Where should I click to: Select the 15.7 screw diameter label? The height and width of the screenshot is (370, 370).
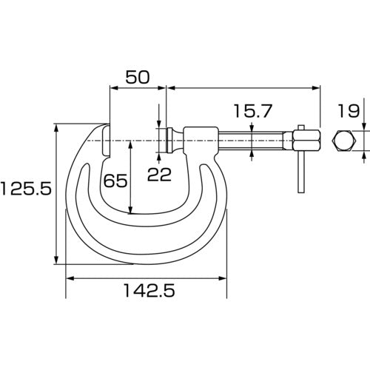(x=252, y=112)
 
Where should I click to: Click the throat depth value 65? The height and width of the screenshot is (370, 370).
(x=116, y=180)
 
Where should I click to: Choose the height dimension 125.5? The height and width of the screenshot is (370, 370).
(x=26, y=189)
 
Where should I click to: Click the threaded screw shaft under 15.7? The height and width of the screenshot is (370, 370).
(x=255, y=139)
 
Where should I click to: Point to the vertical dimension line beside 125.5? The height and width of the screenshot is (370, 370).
(x=57, y=192)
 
